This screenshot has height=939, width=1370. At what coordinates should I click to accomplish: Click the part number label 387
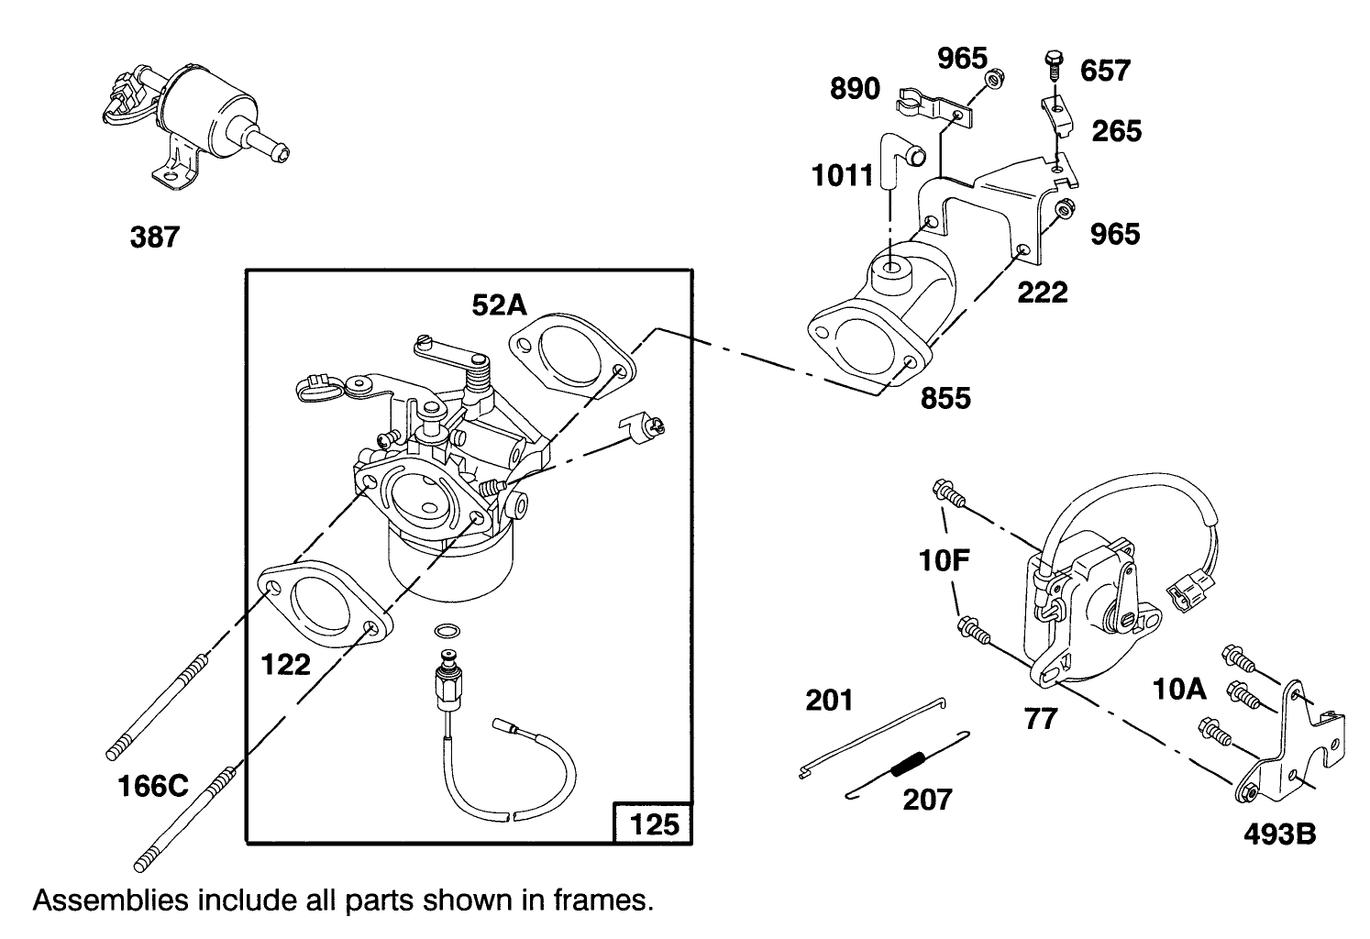tap(155, 238)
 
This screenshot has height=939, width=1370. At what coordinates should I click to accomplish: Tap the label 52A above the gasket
tap(501, 305)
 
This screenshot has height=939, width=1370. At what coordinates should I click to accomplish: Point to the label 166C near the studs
tap(153, 786)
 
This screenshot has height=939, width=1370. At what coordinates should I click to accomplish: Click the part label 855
tap(945, 398)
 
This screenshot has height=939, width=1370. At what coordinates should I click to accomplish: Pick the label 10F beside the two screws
tap(945, 559)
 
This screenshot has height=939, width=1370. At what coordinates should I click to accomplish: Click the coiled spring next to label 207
tap(908, 763)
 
